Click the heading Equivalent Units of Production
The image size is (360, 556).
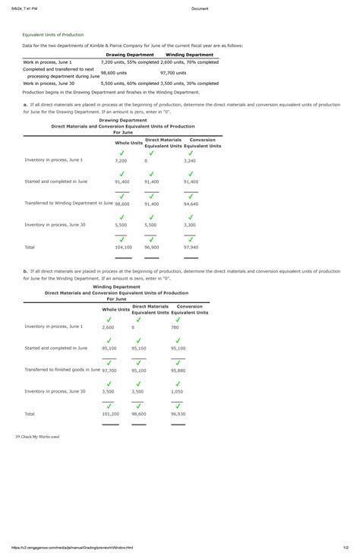tap(53, 35)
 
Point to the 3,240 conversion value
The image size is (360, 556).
tap(190, 161)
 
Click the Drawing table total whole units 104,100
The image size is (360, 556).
tap(123, 247)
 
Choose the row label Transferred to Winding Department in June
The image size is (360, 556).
tap(69, 203)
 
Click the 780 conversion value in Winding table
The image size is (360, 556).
tap(175, 327)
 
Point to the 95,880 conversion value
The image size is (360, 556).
tap(178, 371)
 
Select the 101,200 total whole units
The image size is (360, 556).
tap(110, 414)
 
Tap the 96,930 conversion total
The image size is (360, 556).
tap(178, 414)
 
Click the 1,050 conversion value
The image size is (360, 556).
tap(177, 392)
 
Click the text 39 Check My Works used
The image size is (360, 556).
tap(37, 437)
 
